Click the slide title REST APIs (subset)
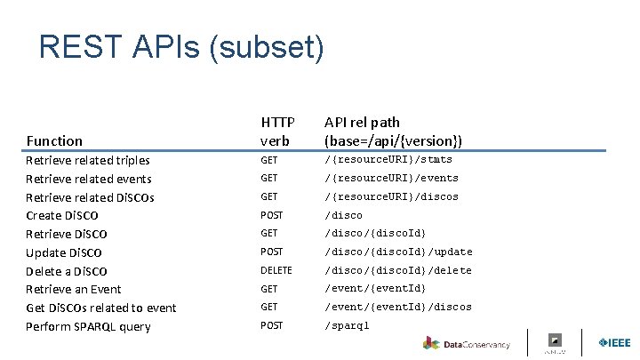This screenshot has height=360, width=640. [181, 47]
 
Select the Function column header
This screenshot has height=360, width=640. [54, 140]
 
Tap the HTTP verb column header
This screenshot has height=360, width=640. [276, 131]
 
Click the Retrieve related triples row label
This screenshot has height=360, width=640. [88, 160]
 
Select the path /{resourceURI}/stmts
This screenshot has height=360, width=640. [388, 160]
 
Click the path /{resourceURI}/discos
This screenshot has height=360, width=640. [391, 196]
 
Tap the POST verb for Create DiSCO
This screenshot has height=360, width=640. [271, 215]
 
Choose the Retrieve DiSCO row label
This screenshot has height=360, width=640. [67, 234]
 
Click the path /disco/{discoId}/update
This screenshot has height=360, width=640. [398, 252]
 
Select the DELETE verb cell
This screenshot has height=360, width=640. [276, 270]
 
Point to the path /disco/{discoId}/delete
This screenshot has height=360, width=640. [398, 270]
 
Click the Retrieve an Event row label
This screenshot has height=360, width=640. [74, 289]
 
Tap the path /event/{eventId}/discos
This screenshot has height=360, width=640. [398, 308]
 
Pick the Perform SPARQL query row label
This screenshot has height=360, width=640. [88, 326]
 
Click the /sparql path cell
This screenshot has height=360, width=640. [347, 325]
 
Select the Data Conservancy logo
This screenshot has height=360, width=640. [468, 343]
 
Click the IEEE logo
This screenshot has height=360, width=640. [614, 342]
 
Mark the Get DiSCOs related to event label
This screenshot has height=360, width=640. [101, 308]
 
